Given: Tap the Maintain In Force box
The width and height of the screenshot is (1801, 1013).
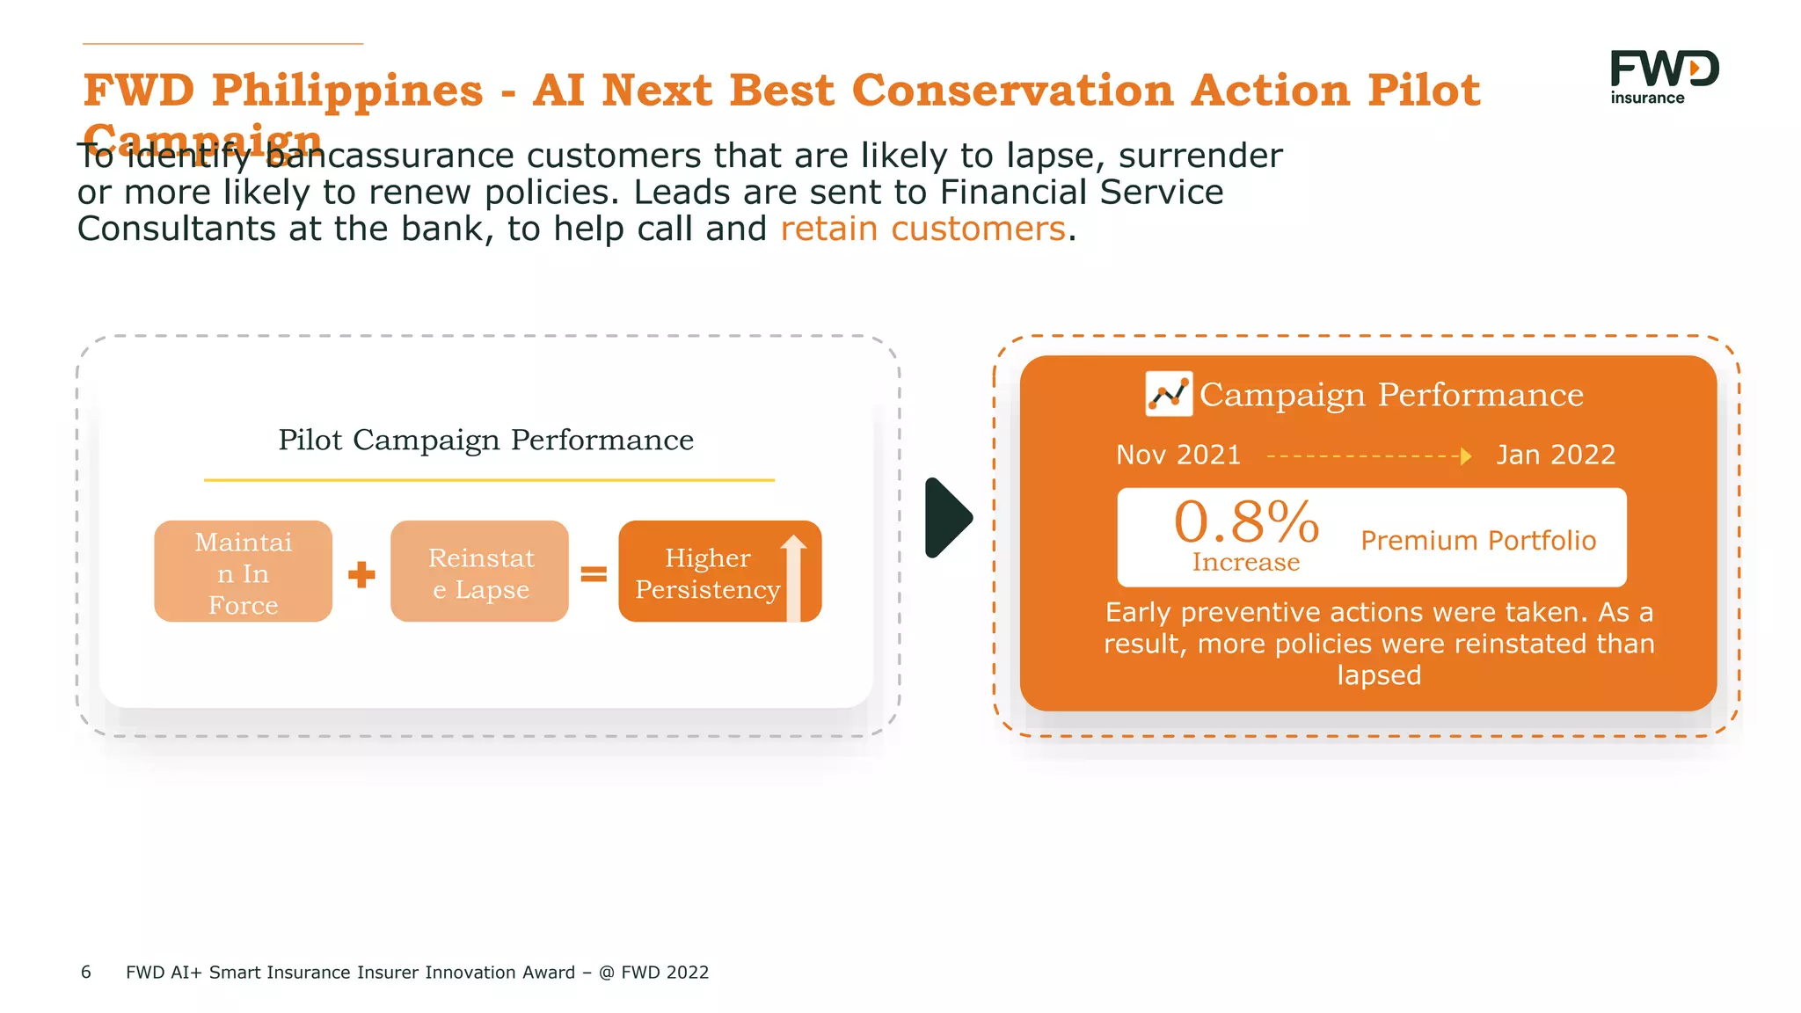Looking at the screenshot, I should point(243,572).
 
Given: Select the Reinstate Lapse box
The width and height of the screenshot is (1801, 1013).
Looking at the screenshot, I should point(480,572).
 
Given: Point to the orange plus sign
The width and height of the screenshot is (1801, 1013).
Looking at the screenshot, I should point(361,575).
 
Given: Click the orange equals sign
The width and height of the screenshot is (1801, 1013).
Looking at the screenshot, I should point(594,574).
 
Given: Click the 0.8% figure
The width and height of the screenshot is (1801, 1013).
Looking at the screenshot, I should point(1246,522).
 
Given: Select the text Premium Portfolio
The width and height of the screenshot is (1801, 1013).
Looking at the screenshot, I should point(1478,540).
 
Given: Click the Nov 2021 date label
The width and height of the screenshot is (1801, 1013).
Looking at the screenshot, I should point(1178,455).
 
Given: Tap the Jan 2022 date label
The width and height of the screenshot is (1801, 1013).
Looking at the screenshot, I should point(1556,455).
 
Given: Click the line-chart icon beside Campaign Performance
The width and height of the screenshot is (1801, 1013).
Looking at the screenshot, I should point(1169,394).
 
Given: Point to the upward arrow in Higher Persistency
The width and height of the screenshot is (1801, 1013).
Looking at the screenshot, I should point(793,576).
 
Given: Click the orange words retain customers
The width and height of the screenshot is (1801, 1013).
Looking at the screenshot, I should point(922,229).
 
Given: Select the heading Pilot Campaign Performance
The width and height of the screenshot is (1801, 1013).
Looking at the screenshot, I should point(485,440).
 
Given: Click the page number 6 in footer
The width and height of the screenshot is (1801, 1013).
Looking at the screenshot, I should point(86,972).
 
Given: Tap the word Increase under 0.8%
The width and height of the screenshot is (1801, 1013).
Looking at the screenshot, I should point(1245,563).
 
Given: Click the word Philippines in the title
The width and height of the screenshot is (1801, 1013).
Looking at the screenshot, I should point(347,91).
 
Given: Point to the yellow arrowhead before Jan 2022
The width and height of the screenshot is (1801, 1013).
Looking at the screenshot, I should point(1465,455).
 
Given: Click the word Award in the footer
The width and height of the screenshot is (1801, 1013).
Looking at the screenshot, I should point(548,972).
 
